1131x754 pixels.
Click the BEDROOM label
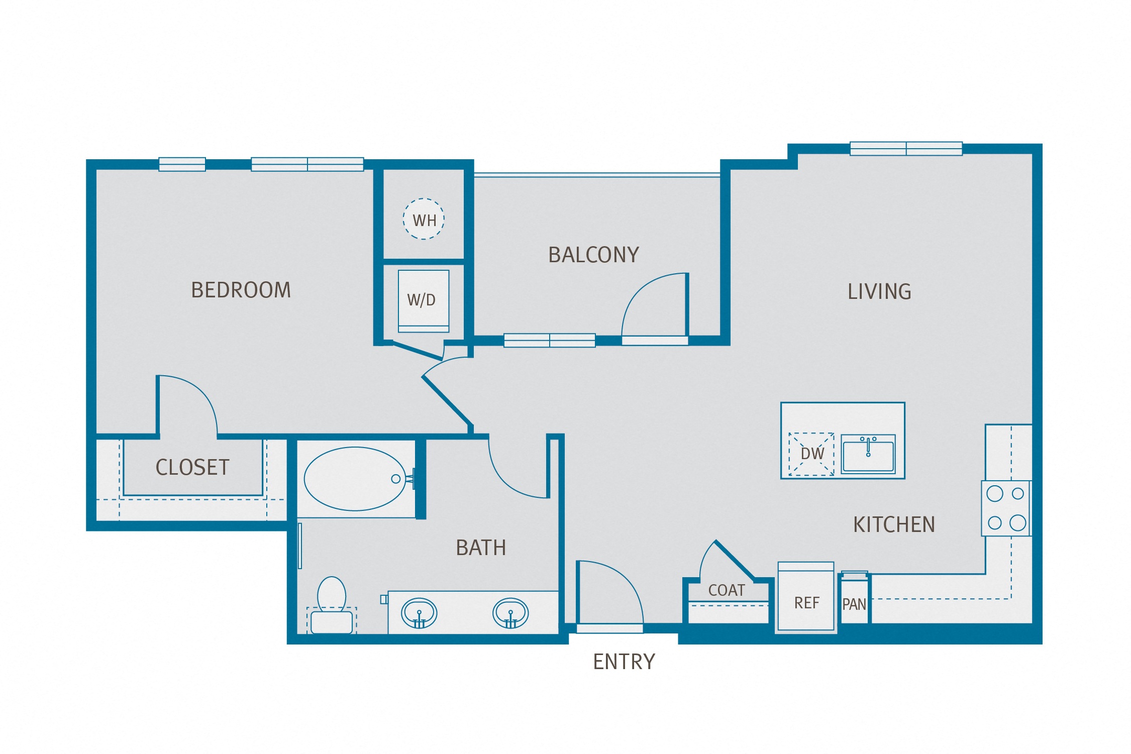click(241, 290)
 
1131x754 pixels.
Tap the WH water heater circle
click(424, 219)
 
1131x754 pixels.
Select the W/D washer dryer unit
click(423, 300)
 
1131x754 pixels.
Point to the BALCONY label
click(593, 255)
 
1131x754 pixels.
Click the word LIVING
click(879, 291)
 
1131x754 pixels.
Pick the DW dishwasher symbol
click(811, 454)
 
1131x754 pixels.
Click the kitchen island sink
click(868, 454)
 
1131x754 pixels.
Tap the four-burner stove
click(1006, 508)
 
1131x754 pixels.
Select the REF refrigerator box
click(806, 602)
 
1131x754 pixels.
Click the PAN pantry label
click(854, 604)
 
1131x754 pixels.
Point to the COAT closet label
click(726, 590)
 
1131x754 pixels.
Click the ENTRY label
click(624, 662)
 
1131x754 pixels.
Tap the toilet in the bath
click(332, 605)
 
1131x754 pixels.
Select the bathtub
click(355, 479)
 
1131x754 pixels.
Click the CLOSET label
click(192, 467)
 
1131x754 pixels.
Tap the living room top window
click(906, 149)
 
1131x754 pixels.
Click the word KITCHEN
click(894, 524)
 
